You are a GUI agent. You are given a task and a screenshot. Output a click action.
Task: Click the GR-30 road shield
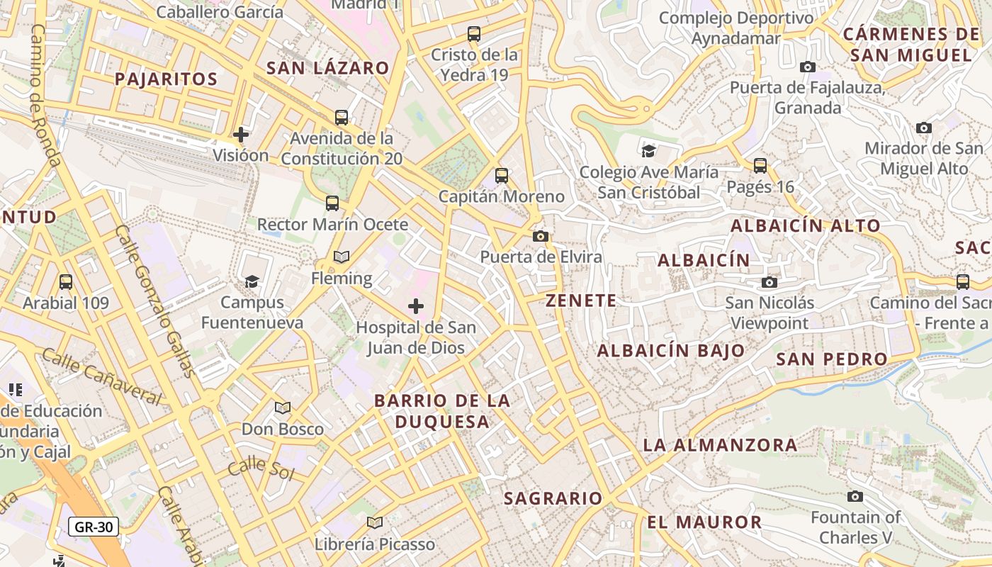pos(94,527)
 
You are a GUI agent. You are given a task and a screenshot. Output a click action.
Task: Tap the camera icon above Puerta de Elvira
pos(541,236)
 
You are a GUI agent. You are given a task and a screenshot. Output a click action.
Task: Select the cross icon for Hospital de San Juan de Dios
pos(416,306)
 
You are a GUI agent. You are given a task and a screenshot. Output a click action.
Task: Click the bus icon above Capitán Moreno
pos(502,175)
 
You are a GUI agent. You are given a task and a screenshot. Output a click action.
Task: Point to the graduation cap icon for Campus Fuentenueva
pos(252,281)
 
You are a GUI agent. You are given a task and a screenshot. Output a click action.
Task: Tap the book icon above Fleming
pos(341,257)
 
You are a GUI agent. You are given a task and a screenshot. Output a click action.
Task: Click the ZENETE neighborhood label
pos(581,301)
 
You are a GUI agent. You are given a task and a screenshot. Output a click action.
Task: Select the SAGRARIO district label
pos(553,498)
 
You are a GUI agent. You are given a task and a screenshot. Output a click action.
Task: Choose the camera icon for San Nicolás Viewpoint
pos(770,282)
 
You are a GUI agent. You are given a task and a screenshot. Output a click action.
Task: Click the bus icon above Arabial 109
pos(66,281)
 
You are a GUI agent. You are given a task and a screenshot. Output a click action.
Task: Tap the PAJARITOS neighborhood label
pos(166,79)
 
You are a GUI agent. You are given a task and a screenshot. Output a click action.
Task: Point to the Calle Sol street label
pos(260,468)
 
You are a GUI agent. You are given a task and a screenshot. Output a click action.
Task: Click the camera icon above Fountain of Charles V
pos(855,496)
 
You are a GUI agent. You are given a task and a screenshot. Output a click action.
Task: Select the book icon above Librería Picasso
pos(375,523)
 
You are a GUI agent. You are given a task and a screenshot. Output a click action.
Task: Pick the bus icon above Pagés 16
pos(760,166)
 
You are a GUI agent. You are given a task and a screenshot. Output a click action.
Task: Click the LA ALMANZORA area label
pos(720,445)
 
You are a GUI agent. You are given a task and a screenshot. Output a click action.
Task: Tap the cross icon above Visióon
pos(241,134)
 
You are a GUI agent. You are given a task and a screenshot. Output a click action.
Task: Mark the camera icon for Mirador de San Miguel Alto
pos(924,128)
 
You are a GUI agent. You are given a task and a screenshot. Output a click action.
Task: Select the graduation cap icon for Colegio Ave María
pos(648,150)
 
